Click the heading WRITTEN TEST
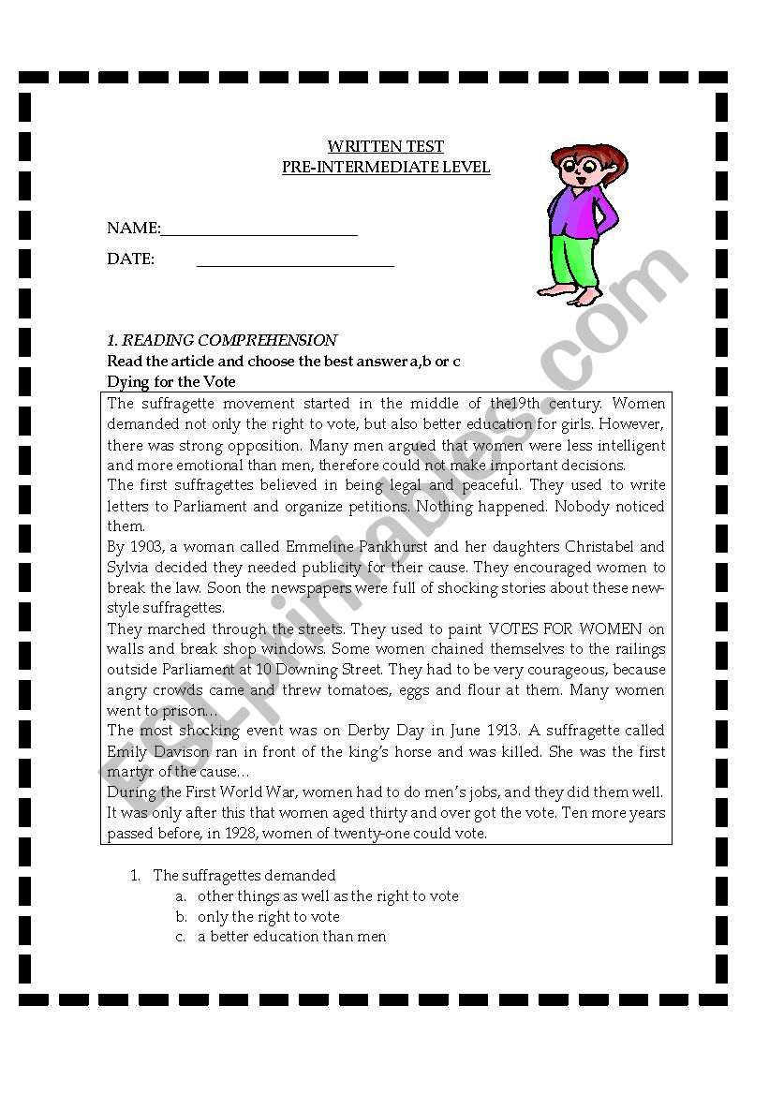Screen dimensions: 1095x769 coord(385,147)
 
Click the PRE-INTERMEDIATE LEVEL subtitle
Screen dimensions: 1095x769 coord(386,168)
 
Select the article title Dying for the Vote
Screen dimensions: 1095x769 coord(171,382)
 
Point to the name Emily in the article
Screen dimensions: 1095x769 coord(127,752)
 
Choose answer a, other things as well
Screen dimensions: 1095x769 coord(328,896)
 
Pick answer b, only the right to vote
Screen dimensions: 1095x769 coord(268,917)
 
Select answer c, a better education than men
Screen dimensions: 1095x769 coord(291,937)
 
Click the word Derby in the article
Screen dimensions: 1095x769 coord(361,731)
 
